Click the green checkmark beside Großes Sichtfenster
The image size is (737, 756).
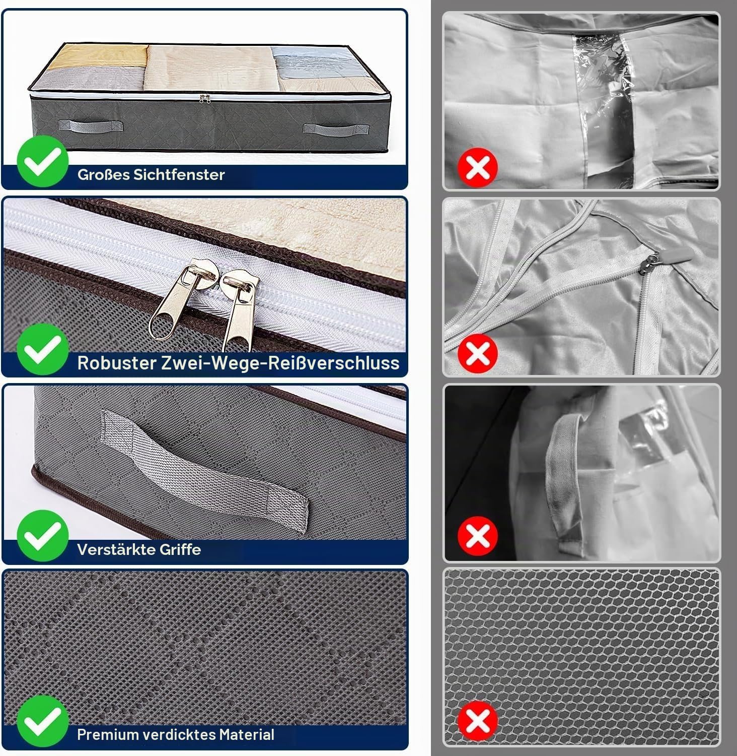pos(42,161)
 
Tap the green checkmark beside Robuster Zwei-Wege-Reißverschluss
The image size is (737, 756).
pos(42,349)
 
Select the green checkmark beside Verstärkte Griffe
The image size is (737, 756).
pos(42,536)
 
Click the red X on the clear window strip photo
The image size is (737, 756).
pos(478,167)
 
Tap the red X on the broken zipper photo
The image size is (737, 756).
pos(478,353)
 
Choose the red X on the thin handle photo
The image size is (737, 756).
pos(478,536)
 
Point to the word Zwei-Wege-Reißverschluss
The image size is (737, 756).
pos(280,363)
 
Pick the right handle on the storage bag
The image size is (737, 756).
pos(322,128)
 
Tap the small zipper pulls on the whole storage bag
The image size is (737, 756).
pos(204,98)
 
